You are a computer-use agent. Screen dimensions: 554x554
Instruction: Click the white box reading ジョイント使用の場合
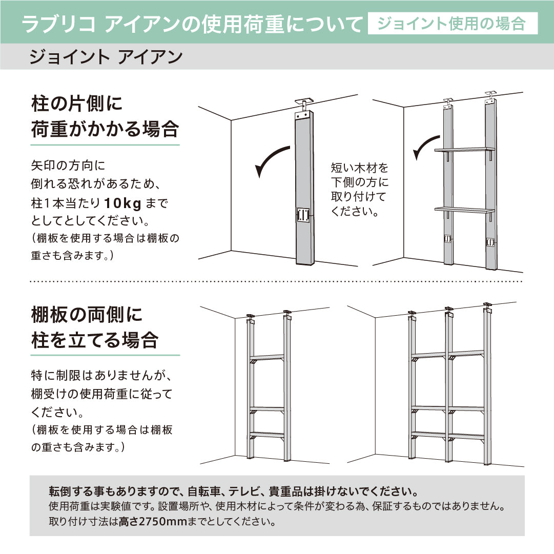pyautogui.click(x=453, y=24)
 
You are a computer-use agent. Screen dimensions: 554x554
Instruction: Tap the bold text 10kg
pyautogui.click(x=122, y=203)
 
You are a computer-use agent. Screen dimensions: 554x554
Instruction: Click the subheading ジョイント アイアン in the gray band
pyautogui.click(x=106, y=56)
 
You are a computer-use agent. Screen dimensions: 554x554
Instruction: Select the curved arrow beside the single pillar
pyautogui.click(x=272, y=161)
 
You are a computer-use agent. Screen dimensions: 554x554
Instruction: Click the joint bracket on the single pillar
pyautogui.click(x=303, y=215)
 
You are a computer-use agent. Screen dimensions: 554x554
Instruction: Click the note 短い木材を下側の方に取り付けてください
pyautogui.click(x=360, y=190)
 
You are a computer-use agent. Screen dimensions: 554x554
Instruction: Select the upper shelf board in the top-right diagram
pyautogui.click(x=464, y=150)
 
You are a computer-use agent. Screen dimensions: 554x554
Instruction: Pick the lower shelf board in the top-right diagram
pyautogui.click(x=464, y=210)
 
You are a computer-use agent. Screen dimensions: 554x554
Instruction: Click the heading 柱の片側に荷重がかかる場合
pyautogui.click(x=105, y=116)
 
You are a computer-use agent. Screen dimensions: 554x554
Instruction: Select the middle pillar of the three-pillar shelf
pyautogui.click(x=449, y=385)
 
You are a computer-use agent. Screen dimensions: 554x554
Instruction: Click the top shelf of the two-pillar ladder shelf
pyautogui.click(x=268, y=357)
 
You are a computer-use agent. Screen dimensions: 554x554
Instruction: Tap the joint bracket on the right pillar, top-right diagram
pyautogui.click(x=490, y=242)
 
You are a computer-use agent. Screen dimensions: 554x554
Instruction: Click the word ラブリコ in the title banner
pyautogui.click(x=58, y=24)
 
